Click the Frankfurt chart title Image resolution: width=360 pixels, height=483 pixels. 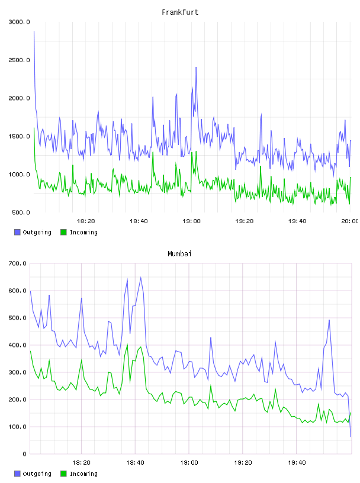pyautogui.click(x=180, y=12)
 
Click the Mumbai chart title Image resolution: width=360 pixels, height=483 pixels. pyautogui.click(x=179, y=254)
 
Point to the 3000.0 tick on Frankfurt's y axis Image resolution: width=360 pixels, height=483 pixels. pyautogui.click(x=19, y=22)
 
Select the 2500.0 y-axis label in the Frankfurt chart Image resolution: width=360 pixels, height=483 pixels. pyautogui.click(x=19, y=60)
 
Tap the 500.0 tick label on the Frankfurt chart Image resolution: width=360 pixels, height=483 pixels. pyautogui.click(x=21, y=212)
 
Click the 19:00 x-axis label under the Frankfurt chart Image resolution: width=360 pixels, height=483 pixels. pyautogui.click(x=191, y=221)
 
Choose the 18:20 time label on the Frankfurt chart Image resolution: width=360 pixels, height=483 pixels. pyautogui.click(x=86, y=221)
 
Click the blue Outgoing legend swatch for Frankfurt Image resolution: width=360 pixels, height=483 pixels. pyautogui.click(x=17, y=232)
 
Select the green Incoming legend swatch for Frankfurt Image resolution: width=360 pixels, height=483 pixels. pyautogui.click(x=63, y=232)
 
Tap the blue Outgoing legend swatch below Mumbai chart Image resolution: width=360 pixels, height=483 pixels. pyautogui.click(x=17, y=474)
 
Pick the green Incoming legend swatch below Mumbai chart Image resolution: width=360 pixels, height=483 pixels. pyautogui.click(x=63, y=474)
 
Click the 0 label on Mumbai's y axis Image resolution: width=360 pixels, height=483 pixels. pyautogui.click(x=24, y=454)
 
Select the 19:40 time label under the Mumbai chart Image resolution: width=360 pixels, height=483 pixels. pyautogui.click(x=297, y=463)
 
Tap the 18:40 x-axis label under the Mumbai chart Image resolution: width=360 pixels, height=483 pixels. pyautogui.click(x=135, y=463)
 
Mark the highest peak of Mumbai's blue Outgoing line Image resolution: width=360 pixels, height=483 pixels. pyautogui.click(x=140, y=277)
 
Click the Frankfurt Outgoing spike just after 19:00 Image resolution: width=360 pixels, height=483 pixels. pyautogui.click(x=196, y=67)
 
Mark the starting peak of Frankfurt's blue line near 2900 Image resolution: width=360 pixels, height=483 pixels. pyautogui.click(x=34, y=31)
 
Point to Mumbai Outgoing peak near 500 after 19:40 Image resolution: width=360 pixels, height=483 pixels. pyautogui.click(x=329, y=320)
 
